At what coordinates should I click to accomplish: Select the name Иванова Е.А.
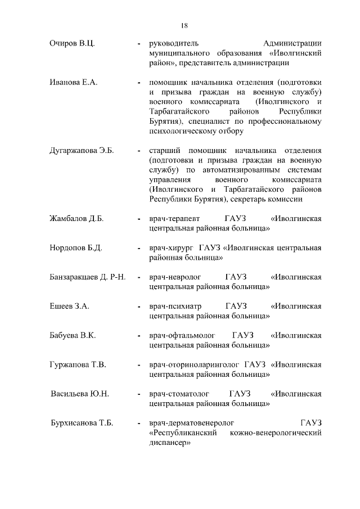(x=74, y=82)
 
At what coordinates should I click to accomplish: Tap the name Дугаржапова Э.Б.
(x=82, y=151)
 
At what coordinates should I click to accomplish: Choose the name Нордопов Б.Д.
(x=75, y=247)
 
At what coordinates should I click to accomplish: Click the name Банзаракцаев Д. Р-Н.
(x=87, y=277)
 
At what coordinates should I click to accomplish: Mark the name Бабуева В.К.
(x=73, y=335)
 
